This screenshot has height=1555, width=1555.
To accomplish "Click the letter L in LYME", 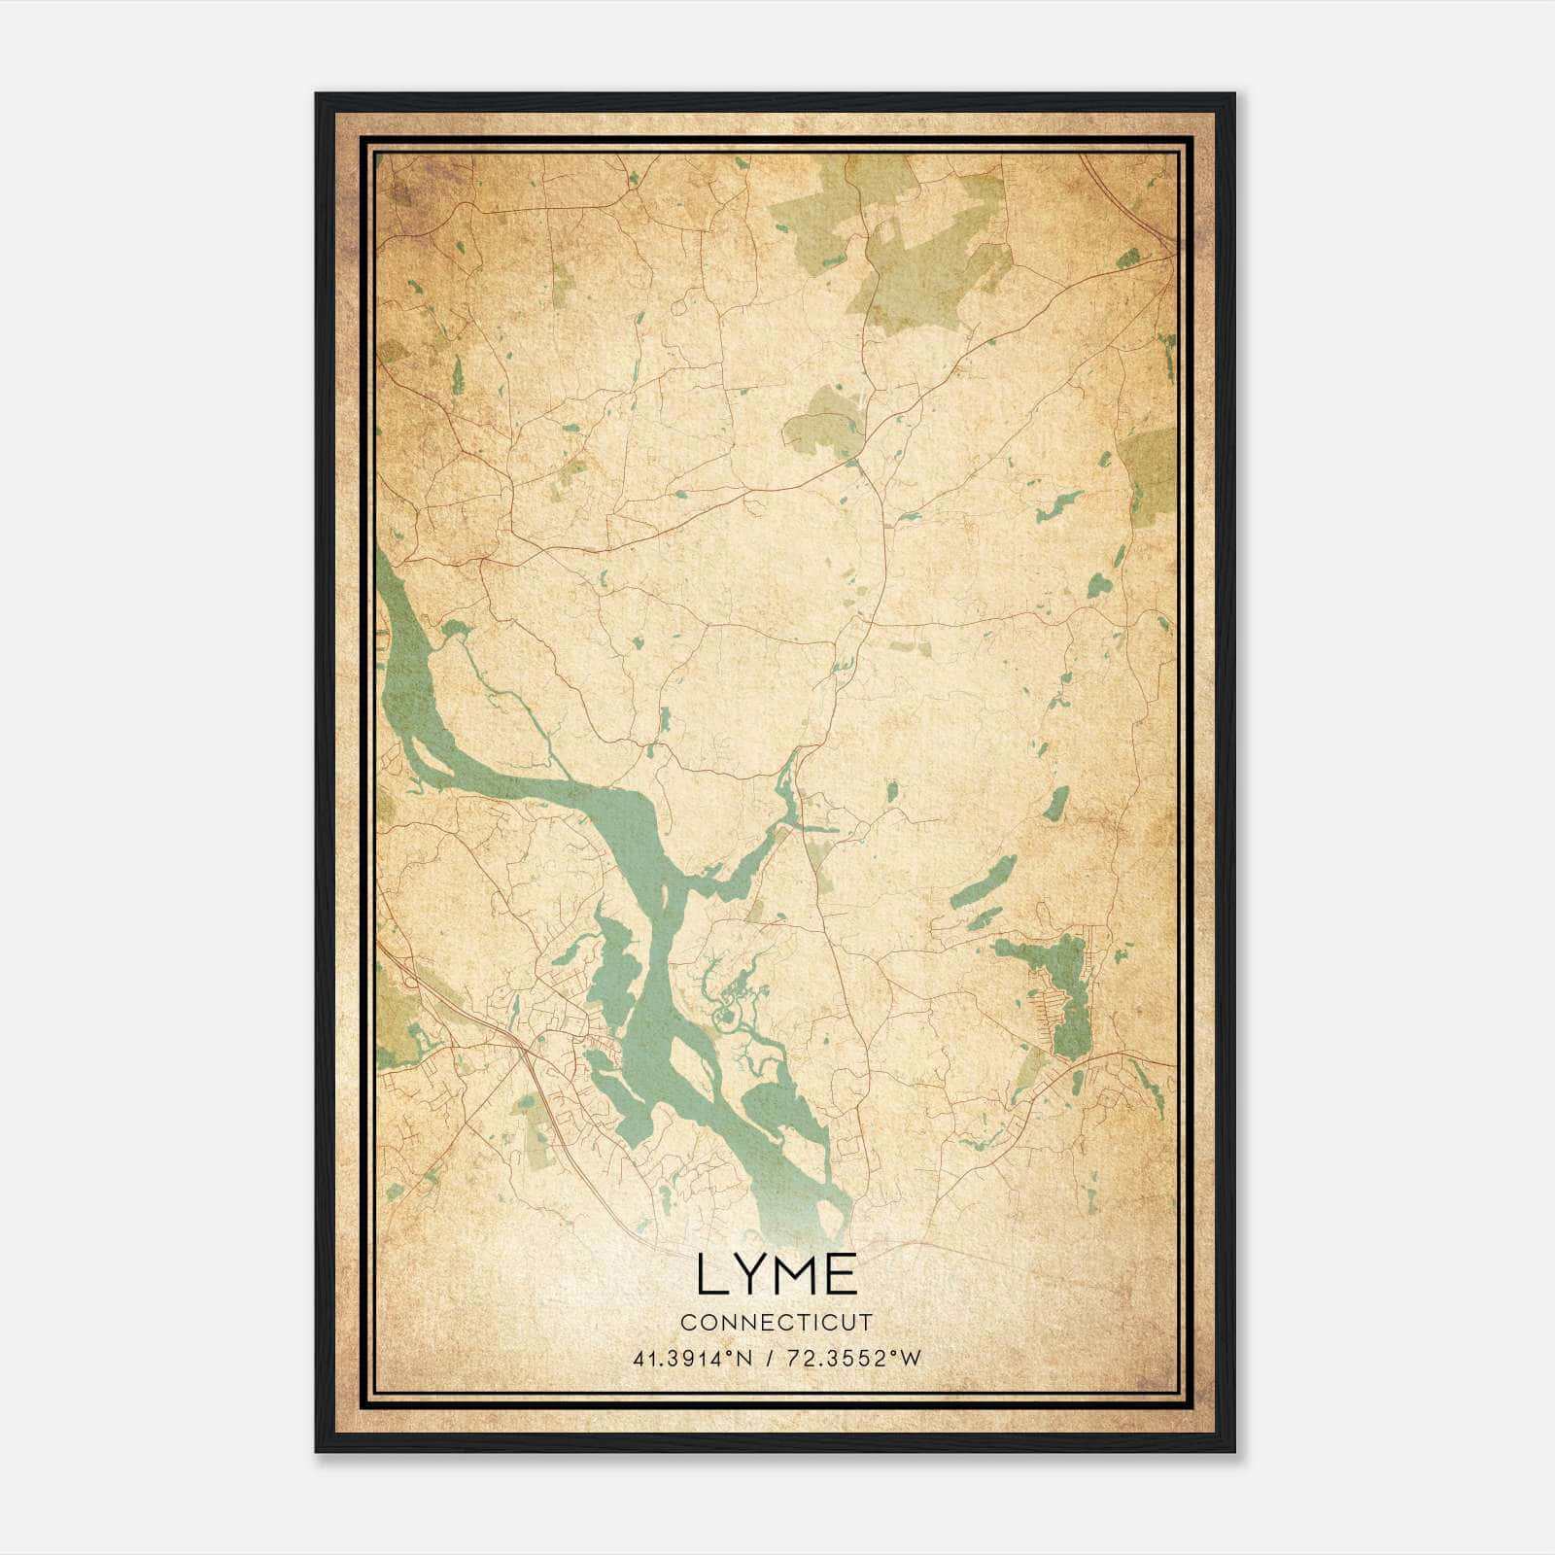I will click(712, 1275).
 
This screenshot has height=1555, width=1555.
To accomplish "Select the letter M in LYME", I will click(799, 1275).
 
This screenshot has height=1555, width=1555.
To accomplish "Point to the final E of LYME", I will click(843, 1275).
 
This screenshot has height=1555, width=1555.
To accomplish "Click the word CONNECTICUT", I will click(777, 1323).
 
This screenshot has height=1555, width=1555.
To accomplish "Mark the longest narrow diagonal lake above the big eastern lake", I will click(984, 882).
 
